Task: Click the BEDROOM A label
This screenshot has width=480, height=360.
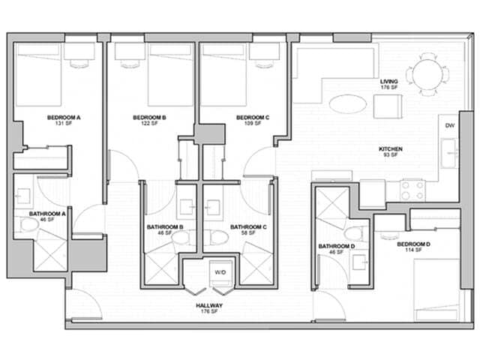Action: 64,118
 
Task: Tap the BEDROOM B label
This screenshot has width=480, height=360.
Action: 149,118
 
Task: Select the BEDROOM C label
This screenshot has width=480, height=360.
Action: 252,118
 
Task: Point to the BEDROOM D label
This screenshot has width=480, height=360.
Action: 413,244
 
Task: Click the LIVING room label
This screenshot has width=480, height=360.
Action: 388,82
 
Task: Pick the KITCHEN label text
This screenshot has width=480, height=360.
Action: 391,149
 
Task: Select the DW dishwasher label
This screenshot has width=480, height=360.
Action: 449,125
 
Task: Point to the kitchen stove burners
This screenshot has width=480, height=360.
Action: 412,190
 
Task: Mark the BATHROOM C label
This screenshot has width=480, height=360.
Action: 248,227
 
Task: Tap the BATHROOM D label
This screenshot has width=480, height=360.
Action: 336,247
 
